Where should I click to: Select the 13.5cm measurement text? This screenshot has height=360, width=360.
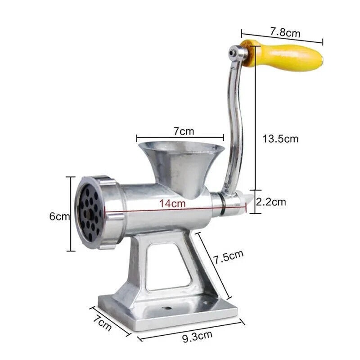click(280, 139)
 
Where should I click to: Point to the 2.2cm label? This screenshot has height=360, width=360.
click(270, 202)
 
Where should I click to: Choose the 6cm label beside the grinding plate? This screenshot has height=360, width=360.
click(59, 216)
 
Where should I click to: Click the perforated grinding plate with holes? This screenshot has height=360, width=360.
click(88, 212)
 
